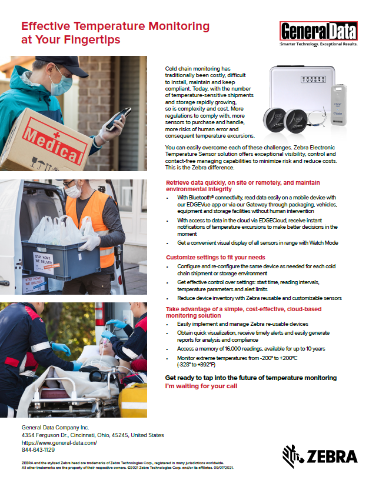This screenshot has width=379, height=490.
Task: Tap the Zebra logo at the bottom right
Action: click(x=320, y=455)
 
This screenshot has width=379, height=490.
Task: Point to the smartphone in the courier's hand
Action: click(x=115, y=120)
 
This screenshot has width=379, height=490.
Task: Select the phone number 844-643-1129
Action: click(x=38, y=449)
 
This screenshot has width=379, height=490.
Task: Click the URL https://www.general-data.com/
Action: click(x=59, y=442)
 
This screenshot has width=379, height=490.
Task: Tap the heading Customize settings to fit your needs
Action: click(x=215, y=258)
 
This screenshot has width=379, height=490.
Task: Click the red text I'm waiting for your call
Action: click(x=201, y=386)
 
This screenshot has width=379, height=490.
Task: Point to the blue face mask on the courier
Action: click(x=64, y=83)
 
